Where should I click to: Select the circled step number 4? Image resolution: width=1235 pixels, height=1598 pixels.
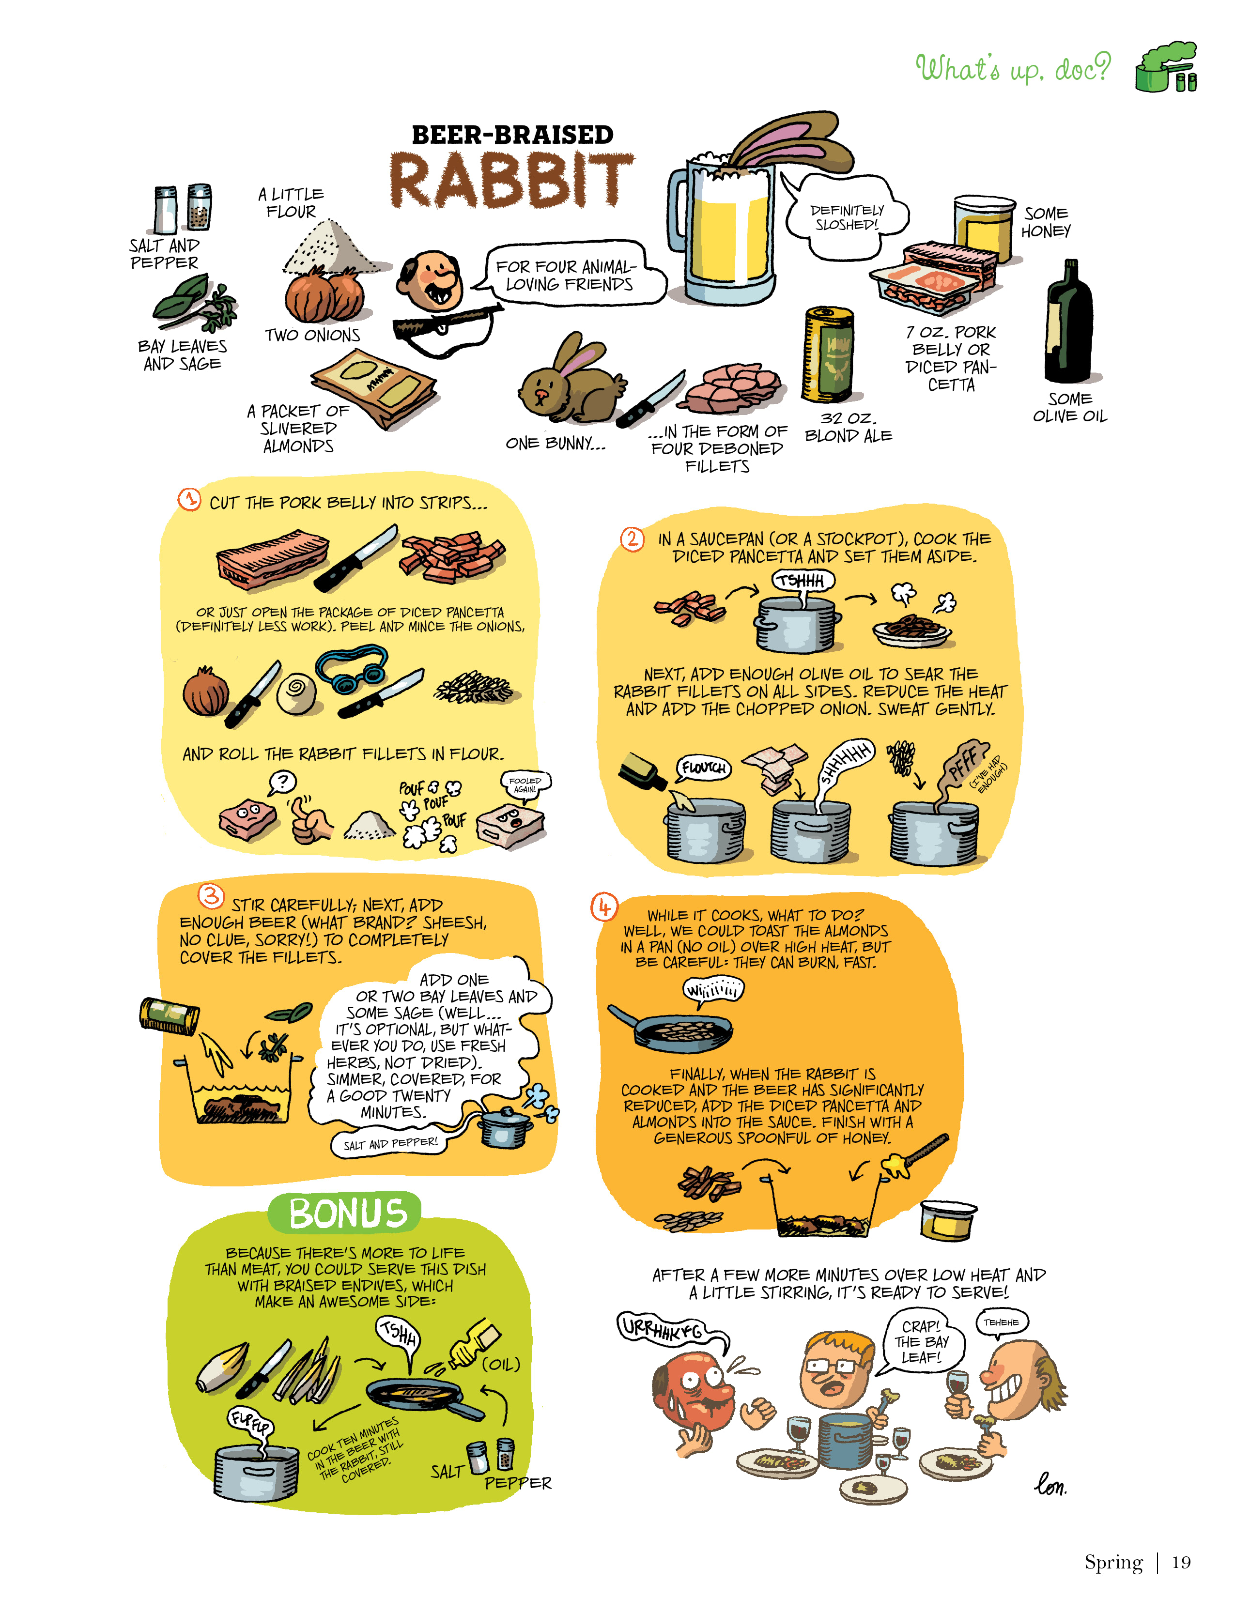click(x=604, y=907)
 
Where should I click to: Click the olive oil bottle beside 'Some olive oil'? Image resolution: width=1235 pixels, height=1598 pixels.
click(x=1069, y=322)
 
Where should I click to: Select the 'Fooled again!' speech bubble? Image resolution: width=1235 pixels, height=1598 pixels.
click(x=525, y=785)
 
